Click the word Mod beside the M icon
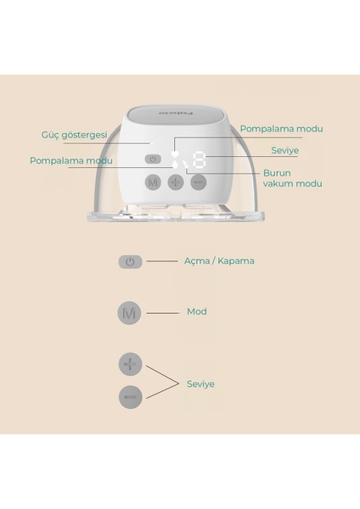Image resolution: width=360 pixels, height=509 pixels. pos(196,311)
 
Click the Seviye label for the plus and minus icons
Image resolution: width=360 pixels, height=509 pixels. pos(200,383)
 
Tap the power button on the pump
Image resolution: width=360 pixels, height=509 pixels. pos(153,159)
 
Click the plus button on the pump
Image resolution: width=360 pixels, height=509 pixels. pos(175,182)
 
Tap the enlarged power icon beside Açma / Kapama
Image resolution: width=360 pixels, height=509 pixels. pos(129,262)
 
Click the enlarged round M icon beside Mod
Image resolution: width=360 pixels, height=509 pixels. pos(129,312)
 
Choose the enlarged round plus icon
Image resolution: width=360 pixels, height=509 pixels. pos(129,364)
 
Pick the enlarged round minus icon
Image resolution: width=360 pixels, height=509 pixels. pos(129,396)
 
